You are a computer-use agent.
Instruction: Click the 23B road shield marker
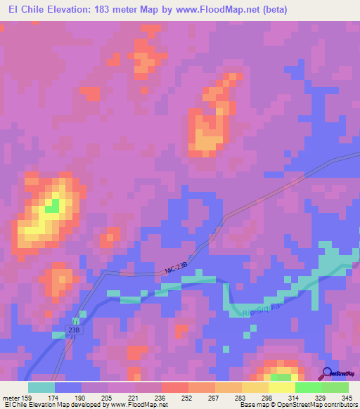coord(75,328)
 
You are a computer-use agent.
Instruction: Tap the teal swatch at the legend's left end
coord(41,387)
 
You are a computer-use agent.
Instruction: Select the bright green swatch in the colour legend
coord(309,387)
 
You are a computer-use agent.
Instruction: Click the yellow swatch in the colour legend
coord(282,387)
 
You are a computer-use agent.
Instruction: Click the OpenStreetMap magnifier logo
coord(328,373)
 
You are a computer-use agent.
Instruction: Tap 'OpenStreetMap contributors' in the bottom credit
coord(323,405)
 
